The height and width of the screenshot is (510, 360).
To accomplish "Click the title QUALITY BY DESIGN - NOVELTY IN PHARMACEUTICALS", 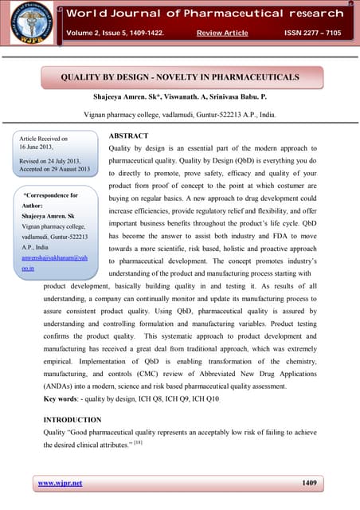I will [x=180, y=77].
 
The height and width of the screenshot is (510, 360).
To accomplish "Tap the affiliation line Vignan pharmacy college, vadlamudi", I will [x=179, y=115].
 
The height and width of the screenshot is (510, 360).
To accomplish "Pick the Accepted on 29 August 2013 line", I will [x=54, y=169].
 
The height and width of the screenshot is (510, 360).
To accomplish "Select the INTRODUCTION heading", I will [x=72, y=419].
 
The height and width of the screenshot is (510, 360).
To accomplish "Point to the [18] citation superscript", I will [x=139, y=441].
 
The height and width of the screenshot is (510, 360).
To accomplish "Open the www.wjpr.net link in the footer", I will [x=60, y=483].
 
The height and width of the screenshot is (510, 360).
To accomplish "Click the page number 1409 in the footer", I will [x=313, y=483].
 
